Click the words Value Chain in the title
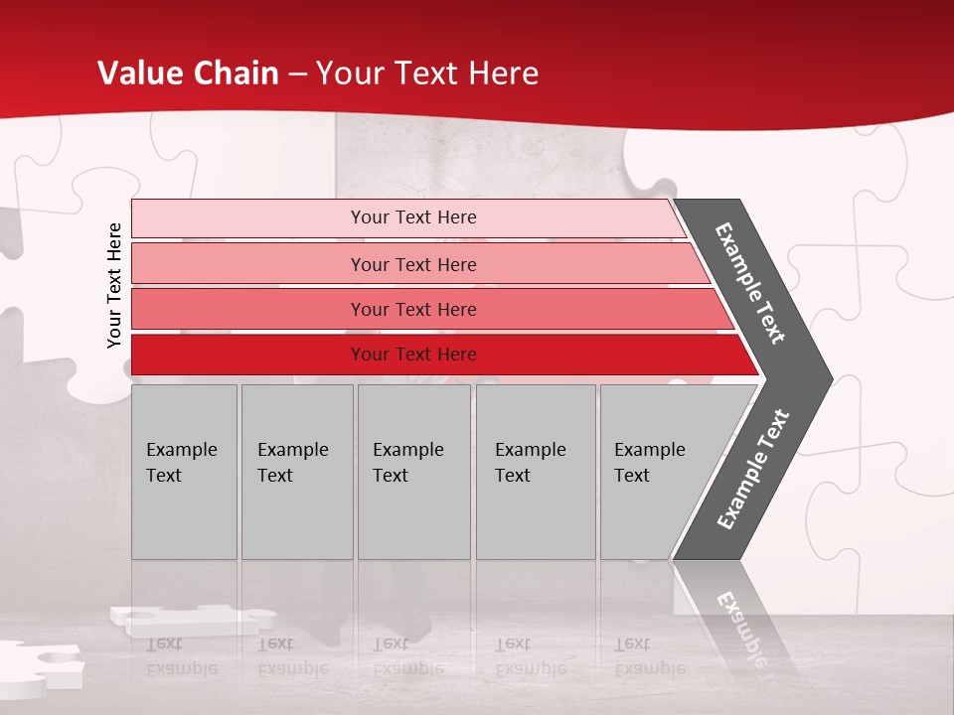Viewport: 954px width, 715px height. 188,72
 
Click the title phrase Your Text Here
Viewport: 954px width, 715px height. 427,72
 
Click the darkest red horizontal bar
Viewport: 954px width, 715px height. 248,355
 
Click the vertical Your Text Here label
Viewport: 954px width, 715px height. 114,285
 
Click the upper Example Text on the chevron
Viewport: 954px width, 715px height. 750,283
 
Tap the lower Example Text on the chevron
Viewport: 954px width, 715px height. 752,470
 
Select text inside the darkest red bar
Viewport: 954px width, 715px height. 413,355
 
